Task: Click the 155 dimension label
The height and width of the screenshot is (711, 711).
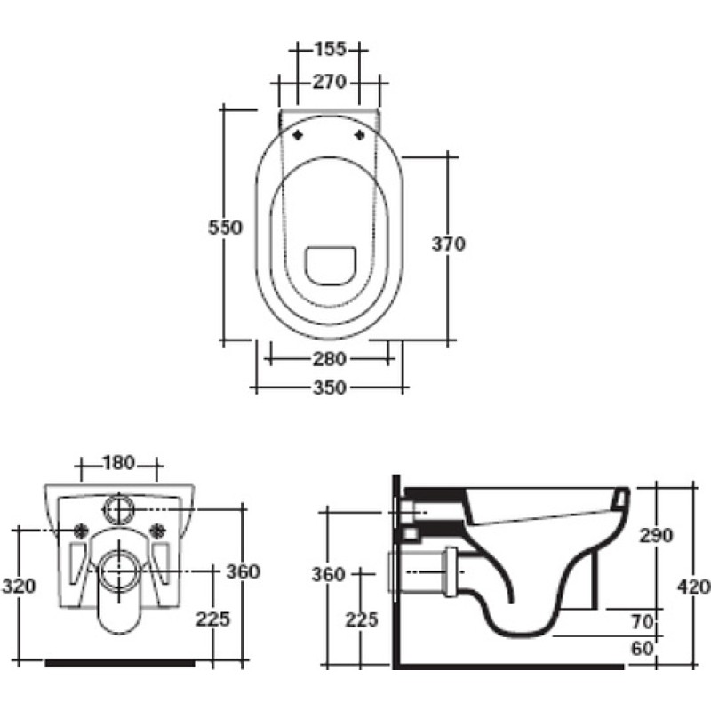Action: pos(330,49)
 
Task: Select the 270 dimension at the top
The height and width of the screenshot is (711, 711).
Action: pos(330,83)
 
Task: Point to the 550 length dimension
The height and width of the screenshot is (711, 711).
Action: pos(226,228)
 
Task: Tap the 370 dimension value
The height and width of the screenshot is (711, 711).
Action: pos(449,244)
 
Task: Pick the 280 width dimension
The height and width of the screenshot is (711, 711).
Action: pos(330,359)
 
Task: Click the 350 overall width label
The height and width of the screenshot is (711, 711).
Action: pos(330,387)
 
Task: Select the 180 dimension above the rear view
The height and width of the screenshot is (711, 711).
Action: pos(119,463)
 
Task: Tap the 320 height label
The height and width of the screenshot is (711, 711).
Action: pos(19,587)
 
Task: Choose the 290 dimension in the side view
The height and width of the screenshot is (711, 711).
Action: pos(656,536)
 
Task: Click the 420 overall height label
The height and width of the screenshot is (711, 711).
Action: pos(694,587)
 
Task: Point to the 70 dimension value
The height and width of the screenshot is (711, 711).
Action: pos(642,622)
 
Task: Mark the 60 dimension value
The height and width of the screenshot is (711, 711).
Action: pos(642,649)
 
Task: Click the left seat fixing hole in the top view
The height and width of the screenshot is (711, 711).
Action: pos(298,135)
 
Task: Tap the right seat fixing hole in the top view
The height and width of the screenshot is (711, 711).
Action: pos(360,135)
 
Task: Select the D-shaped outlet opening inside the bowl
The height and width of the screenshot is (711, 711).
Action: pos(330,266)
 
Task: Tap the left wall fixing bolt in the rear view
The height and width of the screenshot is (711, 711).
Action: pos(82,530)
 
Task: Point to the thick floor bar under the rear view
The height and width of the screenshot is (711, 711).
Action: pos(120,663)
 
